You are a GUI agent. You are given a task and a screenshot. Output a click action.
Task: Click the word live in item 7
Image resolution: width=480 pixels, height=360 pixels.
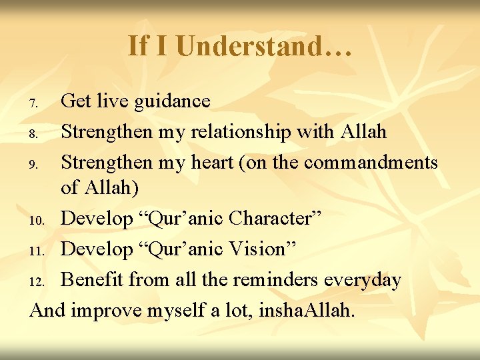[114, 101]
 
